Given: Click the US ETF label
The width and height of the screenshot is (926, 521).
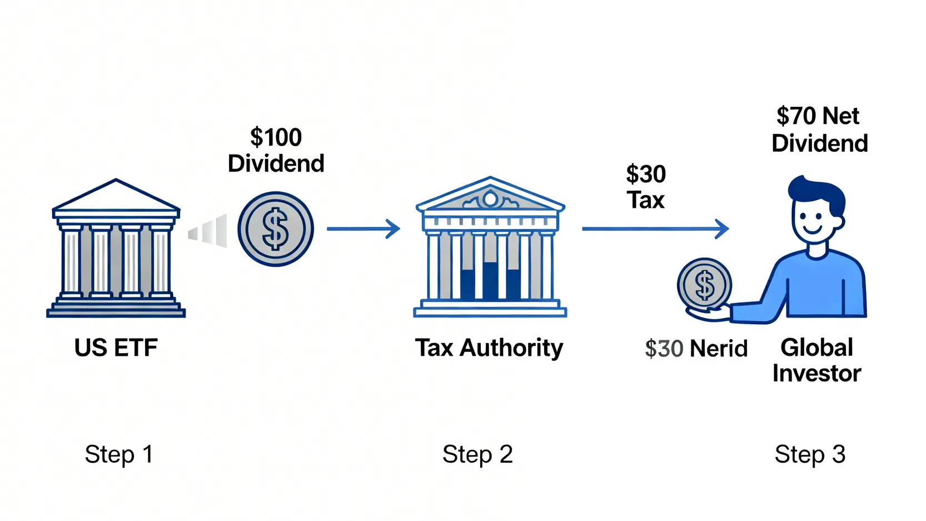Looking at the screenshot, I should [116, 348].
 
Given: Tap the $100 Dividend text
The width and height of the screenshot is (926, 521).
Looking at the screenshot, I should [276, 150].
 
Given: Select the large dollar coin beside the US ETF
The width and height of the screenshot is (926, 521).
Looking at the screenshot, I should [276, 229].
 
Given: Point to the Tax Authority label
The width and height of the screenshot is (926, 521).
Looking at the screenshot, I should [489, 348].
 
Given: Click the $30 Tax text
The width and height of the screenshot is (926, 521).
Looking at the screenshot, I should [646, 187].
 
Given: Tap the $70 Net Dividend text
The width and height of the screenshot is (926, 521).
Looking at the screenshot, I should [819, 130].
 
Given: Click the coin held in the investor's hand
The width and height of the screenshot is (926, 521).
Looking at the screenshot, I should [704, 285].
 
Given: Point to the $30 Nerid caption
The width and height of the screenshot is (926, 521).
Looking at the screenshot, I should [696, 349].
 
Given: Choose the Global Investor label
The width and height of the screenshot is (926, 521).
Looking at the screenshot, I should [817, 360].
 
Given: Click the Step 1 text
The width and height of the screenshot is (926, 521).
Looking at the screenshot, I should [118, 454].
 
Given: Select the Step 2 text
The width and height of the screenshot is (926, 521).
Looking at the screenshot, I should [477, 454].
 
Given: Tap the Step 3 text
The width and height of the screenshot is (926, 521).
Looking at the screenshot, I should [810, 454].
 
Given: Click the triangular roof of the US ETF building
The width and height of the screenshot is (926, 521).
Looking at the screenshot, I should [116, 196].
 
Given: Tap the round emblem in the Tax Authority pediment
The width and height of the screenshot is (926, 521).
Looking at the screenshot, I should [490, 199].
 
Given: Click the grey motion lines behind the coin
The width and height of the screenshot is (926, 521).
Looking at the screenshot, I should [209, 230].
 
